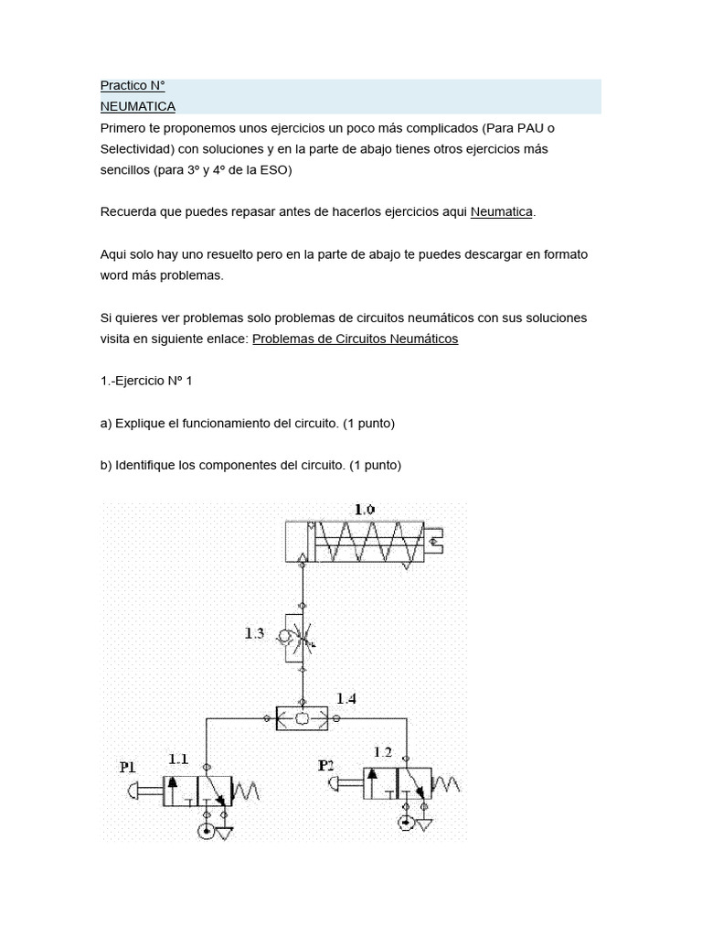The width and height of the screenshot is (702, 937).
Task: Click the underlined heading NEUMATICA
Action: [137, 106]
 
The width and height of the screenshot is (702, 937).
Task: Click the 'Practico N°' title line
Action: [132, 86]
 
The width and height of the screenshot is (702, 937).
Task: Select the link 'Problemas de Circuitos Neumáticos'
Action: [355, 339]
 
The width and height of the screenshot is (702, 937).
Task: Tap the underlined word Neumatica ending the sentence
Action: [501, 212]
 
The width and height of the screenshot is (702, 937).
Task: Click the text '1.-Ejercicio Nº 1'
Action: [146, 381]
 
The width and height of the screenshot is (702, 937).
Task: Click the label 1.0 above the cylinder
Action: [365, 509]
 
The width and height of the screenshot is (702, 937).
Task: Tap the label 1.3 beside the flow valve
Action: [255, 632]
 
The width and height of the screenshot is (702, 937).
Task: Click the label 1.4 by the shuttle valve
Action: [346, 699]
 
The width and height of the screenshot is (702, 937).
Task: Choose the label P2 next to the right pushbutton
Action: [326, 764]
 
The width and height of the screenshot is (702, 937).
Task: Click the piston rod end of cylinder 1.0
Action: [435, 540]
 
